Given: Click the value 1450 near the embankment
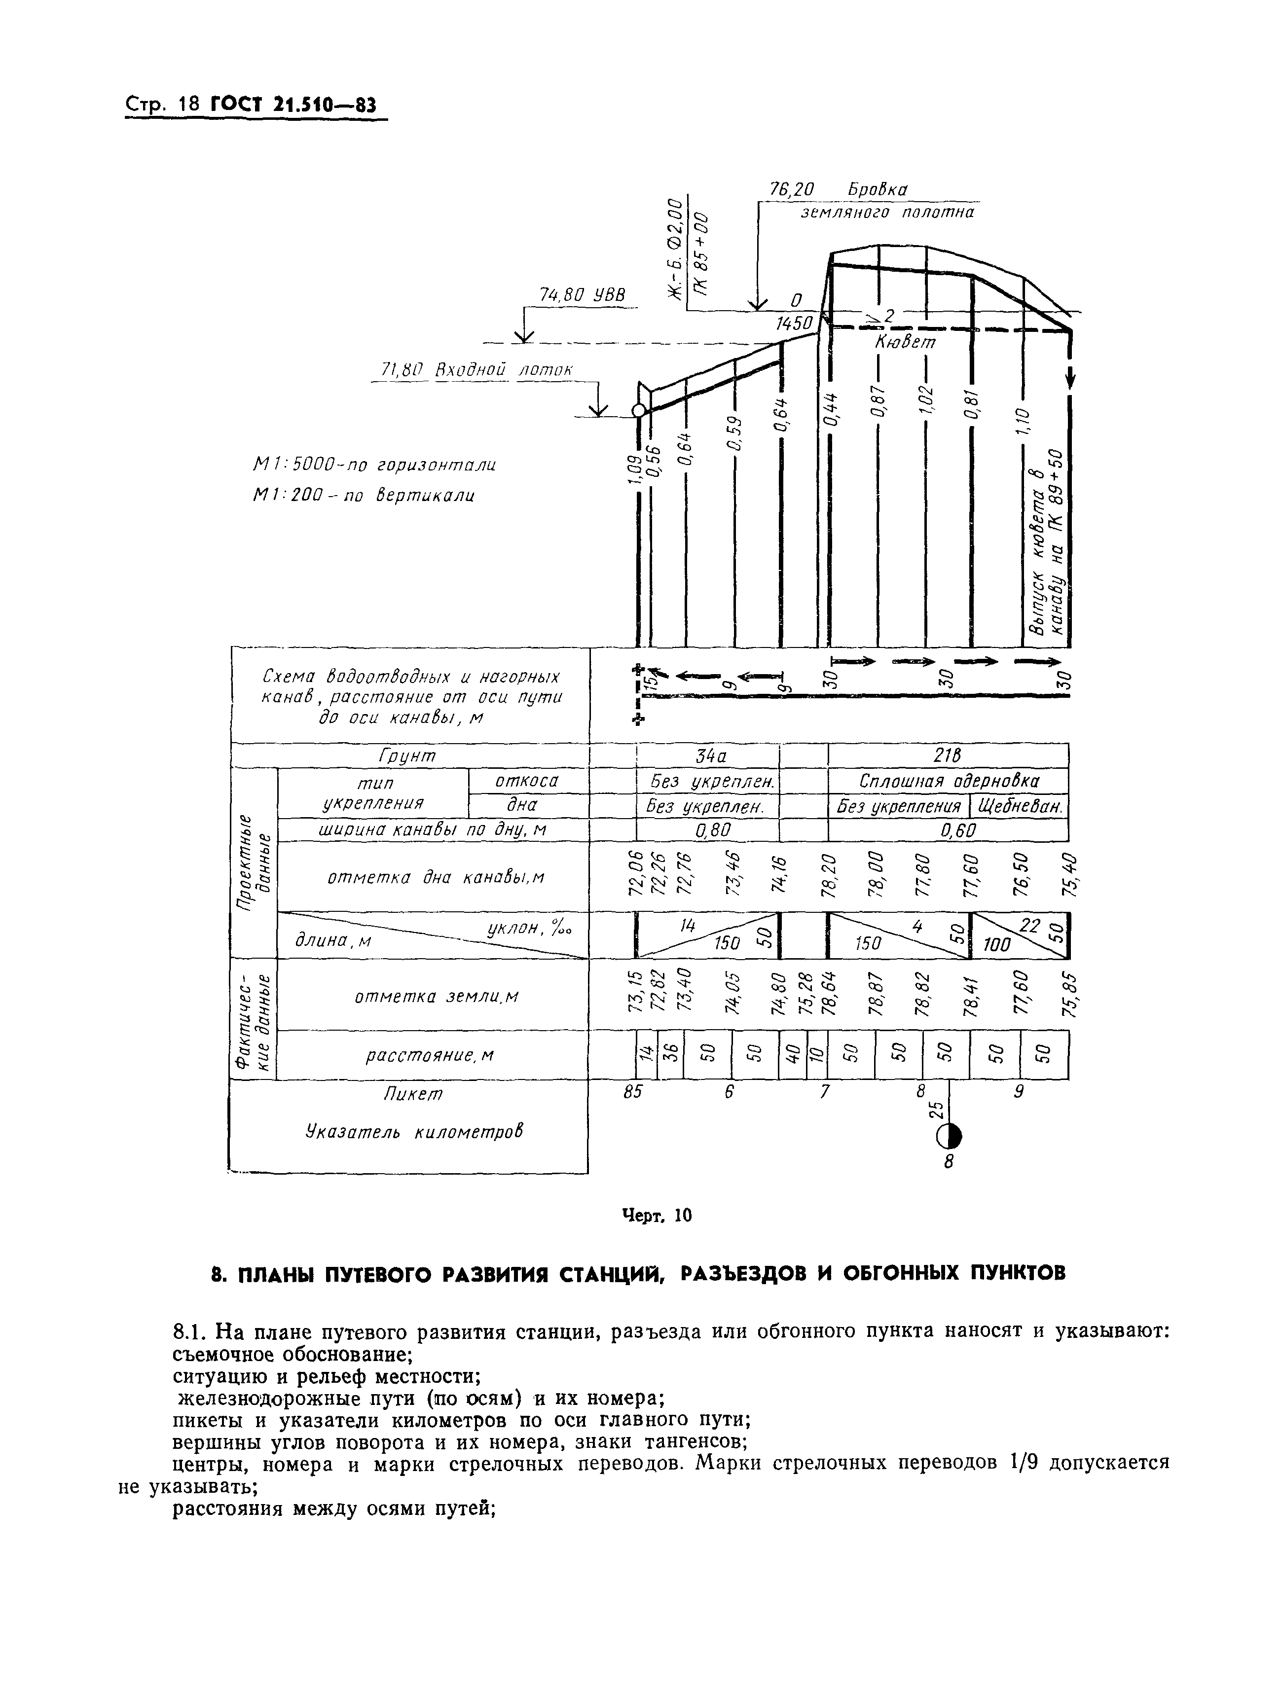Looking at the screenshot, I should tap(794, 324).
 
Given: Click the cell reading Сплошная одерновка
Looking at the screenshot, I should tap(949, 781).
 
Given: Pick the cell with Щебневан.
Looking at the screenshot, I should tap(1020, 806).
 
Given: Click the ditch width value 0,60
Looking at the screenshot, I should tap(949, 830).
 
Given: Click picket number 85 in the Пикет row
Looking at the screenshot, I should tap(632, 1092).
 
